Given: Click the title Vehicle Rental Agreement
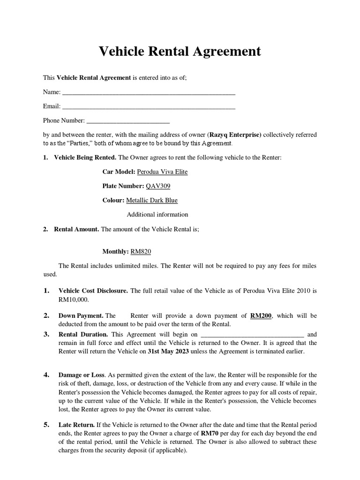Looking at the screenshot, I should pos(180,52).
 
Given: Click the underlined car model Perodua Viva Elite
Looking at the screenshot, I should pos(162,172).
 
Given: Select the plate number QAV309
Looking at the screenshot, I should pos(158,186).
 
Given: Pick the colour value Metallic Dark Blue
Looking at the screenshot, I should pos(152,200).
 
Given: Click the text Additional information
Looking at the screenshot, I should pos(157,215).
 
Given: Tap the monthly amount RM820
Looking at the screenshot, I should pos(141,252).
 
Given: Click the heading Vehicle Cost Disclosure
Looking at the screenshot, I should pos(93,291).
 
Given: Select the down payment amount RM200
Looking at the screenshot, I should pos(261,316).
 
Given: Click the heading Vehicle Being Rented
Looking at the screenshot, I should pos(85,158).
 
